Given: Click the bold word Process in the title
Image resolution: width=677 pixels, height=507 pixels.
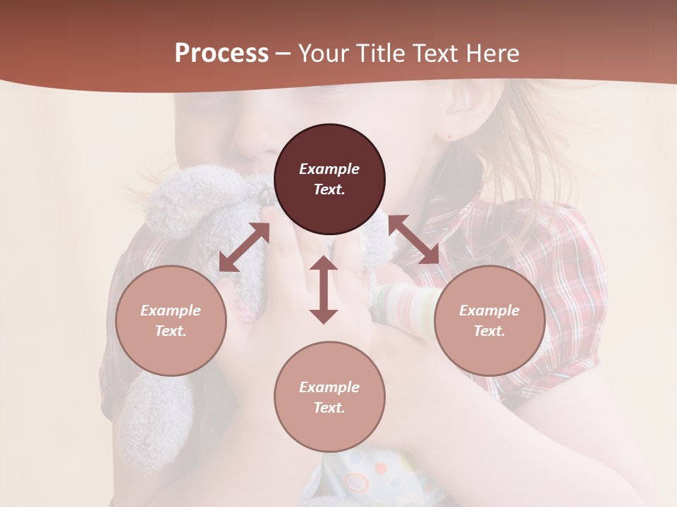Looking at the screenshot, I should point(221,54).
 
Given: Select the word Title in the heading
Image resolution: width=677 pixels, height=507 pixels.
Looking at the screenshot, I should point(379,54).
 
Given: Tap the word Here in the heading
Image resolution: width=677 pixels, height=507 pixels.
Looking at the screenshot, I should point(492,54).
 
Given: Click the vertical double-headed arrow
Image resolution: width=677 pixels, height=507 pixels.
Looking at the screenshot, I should point(324,289).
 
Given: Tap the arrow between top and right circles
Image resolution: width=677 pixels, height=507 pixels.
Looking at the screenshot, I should point(413,239).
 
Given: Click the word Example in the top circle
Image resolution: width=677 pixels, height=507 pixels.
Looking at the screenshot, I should point(329,169).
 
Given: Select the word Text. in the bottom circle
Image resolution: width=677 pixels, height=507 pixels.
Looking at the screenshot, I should point(329,408).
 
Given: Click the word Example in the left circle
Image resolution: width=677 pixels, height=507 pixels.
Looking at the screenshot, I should point(171,311).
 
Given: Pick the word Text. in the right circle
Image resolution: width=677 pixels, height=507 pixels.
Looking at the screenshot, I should point(489,331).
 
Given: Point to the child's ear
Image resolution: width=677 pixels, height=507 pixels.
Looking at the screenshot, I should point(451,116).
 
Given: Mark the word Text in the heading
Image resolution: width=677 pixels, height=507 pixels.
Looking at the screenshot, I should point(436,54).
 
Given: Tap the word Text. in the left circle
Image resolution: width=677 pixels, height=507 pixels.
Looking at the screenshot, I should point(171,331).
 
